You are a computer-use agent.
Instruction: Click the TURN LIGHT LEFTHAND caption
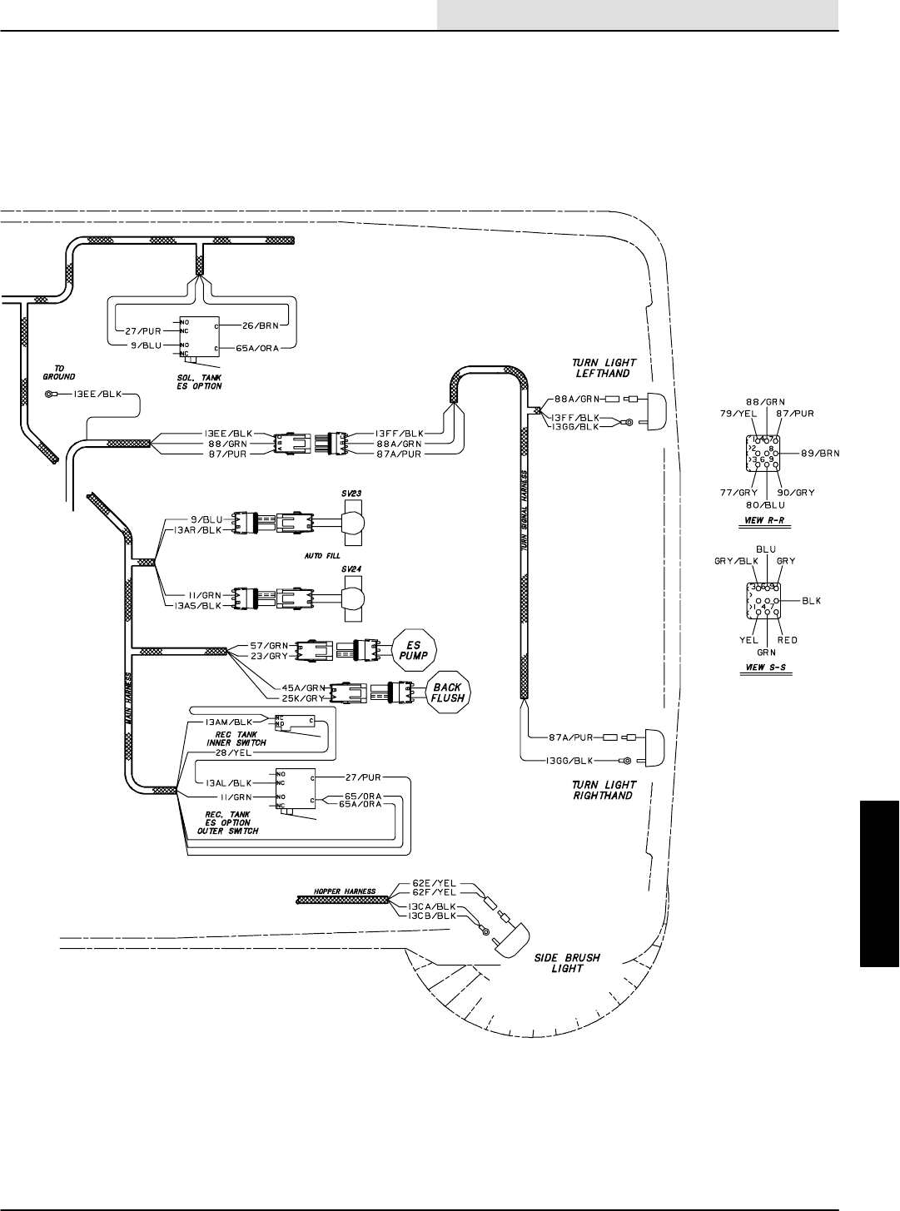(605, 369)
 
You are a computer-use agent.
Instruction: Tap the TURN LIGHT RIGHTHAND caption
(605, 790)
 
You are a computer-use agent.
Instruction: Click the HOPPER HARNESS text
(340, 891)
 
